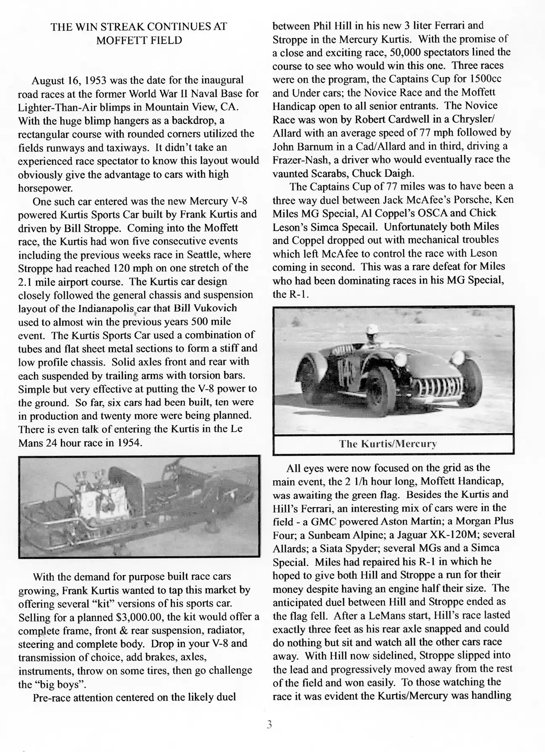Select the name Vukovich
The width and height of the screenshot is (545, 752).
214,308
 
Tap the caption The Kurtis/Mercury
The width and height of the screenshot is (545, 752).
388,444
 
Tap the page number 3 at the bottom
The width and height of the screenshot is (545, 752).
270,725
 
